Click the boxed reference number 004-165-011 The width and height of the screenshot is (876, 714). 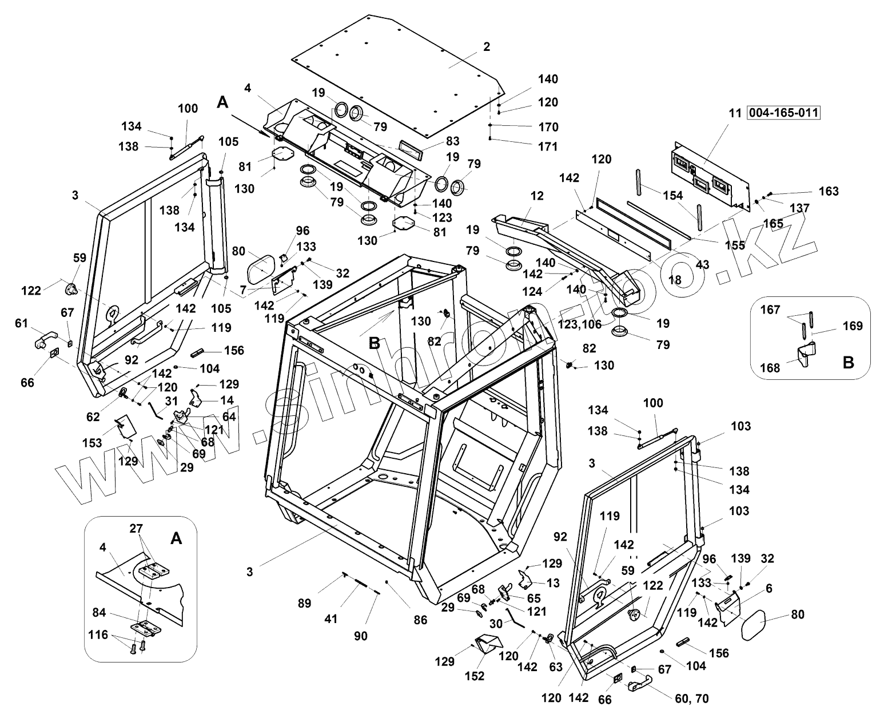click(x=783, y=113)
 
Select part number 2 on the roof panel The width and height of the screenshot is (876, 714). click(x=486, y=47)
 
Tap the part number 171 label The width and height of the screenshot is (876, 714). click(x=547, y=147)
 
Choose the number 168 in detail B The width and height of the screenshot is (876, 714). click(x=770, y=367)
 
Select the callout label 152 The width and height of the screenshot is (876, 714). click(x=475, y=676)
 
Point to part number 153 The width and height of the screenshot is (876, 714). click(x=91, y=443)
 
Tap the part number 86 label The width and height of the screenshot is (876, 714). click(x=420, y=620)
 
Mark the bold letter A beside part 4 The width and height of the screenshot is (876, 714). click(x=223, y=102)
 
